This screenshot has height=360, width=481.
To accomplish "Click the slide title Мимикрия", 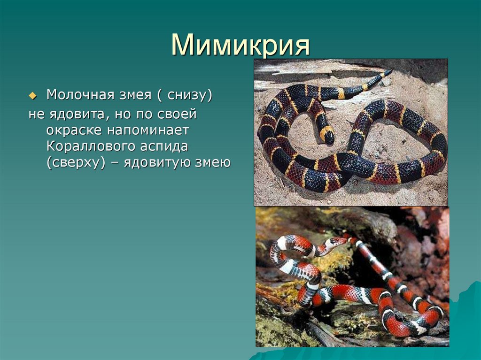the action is point(240,45).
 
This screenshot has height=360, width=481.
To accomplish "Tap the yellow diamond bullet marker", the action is point(32,96).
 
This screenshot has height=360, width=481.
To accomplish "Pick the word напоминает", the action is point(148,130).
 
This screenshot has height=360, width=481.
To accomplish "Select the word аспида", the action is point(164,146).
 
